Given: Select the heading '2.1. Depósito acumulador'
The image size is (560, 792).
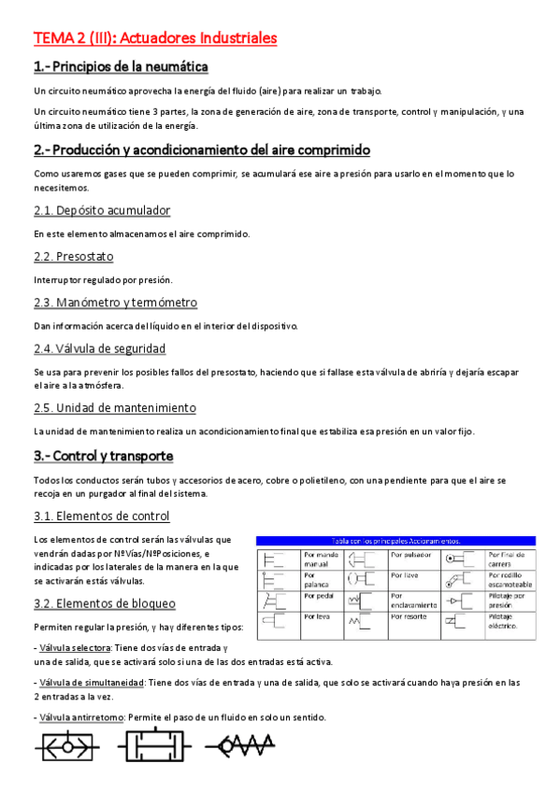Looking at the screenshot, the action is coord(102,210).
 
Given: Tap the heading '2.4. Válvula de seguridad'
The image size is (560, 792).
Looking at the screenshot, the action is coord(100,348).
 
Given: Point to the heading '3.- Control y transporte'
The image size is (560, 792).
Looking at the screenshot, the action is coord(103,457).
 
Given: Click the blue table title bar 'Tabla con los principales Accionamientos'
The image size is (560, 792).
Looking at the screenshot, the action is coord(396,540).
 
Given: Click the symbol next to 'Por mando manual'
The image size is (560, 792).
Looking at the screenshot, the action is coord(276,559).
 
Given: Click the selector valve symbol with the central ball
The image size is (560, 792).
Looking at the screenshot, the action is coord(66,748).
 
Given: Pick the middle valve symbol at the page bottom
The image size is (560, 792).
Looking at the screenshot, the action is coord(151,748).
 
